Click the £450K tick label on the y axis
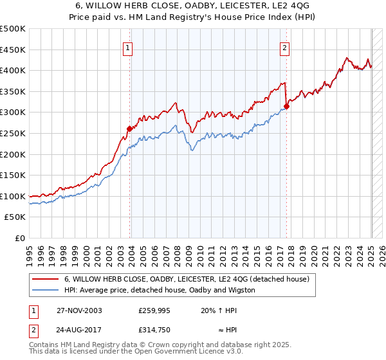[13, 50]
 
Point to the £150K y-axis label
[13, 175]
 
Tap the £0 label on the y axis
[19, 238]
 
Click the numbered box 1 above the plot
[128, 47]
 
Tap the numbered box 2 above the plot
[284, 47]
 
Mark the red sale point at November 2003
[130, 129]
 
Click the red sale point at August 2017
[287, 106]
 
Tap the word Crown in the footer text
[170, 346]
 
